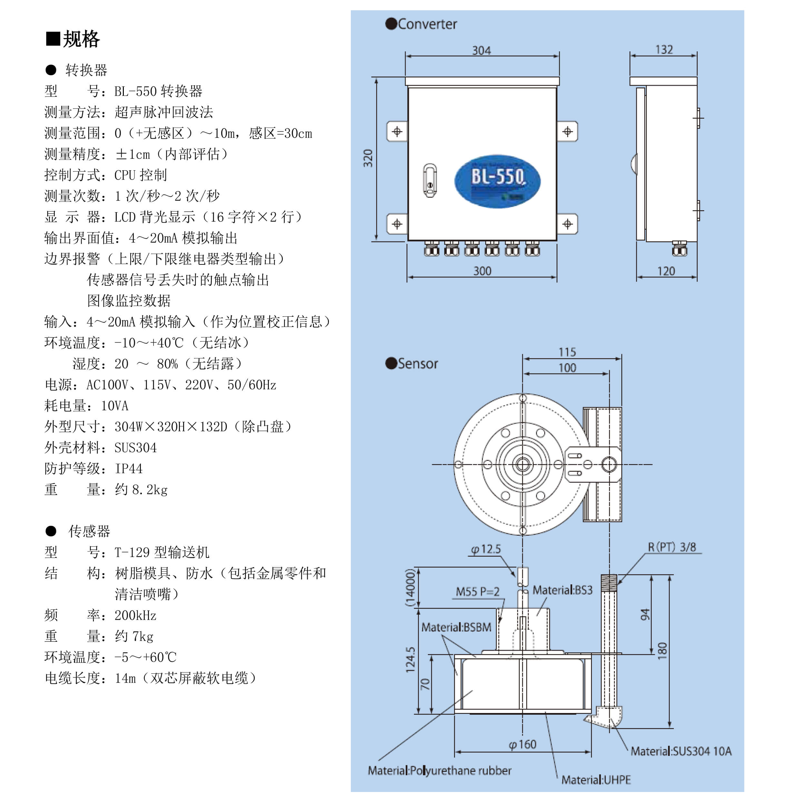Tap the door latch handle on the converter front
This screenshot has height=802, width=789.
430,180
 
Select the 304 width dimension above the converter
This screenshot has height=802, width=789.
481,51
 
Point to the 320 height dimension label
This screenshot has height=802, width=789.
368,158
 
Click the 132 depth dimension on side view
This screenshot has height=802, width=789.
664,50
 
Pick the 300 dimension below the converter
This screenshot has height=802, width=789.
482,271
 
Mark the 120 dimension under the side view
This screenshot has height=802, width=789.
666,271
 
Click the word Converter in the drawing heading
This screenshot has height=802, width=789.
427,24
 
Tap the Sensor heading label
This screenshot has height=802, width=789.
418,363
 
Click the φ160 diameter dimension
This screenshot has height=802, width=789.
523,744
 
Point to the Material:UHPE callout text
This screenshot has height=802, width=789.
596,780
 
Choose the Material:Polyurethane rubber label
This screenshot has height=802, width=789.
439,770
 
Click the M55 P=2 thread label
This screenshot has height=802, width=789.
478,591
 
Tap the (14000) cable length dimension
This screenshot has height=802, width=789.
410,588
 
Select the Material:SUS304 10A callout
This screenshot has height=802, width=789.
681,751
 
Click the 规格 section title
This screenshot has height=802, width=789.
81,39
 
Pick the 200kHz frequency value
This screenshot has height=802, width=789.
135,615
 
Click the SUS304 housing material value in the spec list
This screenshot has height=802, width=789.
135,448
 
